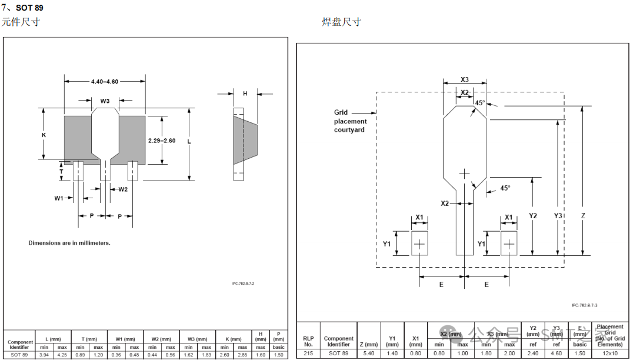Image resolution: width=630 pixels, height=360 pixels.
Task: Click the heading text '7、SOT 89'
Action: point(22,8)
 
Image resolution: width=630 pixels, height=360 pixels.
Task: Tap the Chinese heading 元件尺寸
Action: point(21,22)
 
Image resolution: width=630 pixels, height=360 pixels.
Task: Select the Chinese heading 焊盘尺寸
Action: point(341,22)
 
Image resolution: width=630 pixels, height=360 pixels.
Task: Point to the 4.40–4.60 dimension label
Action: point(105,82)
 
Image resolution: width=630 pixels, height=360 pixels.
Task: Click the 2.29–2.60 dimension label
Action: point(162,140)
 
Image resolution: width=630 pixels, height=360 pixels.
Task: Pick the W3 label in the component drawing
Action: point(105,101)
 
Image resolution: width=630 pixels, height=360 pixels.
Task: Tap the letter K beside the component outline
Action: point(44,135)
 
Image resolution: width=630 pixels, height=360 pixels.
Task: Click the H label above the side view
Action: point(245,94)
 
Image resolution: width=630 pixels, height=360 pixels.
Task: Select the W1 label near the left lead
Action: point(59,198)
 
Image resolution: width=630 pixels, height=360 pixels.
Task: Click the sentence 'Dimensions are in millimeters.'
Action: point(69,243)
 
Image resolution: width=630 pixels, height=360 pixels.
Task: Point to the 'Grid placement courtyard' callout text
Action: point(349,121)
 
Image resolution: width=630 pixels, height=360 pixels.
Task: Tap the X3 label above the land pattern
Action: point(465,80)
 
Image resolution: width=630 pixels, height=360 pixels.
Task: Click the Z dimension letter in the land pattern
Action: point(582,216)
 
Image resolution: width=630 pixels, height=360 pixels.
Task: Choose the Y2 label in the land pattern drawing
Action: point(532,216)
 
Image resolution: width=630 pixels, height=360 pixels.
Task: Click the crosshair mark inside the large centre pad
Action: point(465,174)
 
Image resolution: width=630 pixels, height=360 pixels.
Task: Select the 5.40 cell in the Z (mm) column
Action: point(369,353)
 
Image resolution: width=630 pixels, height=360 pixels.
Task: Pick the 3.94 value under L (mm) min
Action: point(44,355)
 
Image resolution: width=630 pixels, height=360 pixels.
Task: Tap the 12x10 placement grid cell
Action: point(609,353)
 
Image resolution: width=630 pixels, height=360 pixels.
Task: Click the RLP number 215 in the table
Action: point(308,353)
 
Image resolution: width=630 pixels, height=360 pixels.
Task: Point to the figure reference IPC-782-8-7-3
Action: point(588,305)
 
